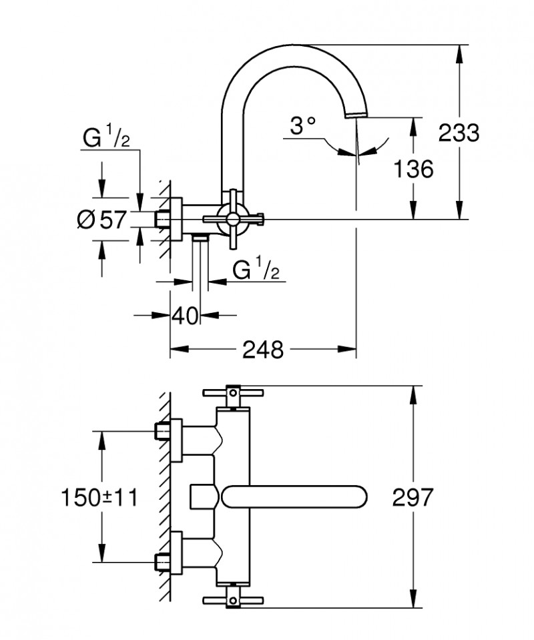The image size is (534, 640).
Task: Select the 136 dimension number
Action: (x=413, y=168)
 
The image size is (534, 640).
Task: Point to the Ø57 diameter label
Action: (x=101, y=218)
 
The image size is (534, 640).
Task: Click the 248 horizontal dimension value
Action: (x=264, y=349)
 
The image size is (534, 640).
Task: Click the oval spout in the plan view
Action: (x=294, y=497)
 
